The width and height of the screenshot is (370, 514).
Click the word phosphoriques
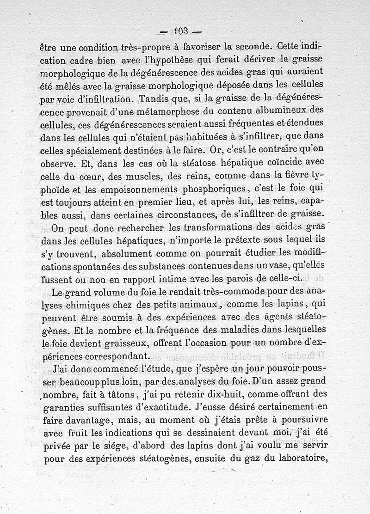[213, 189]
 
